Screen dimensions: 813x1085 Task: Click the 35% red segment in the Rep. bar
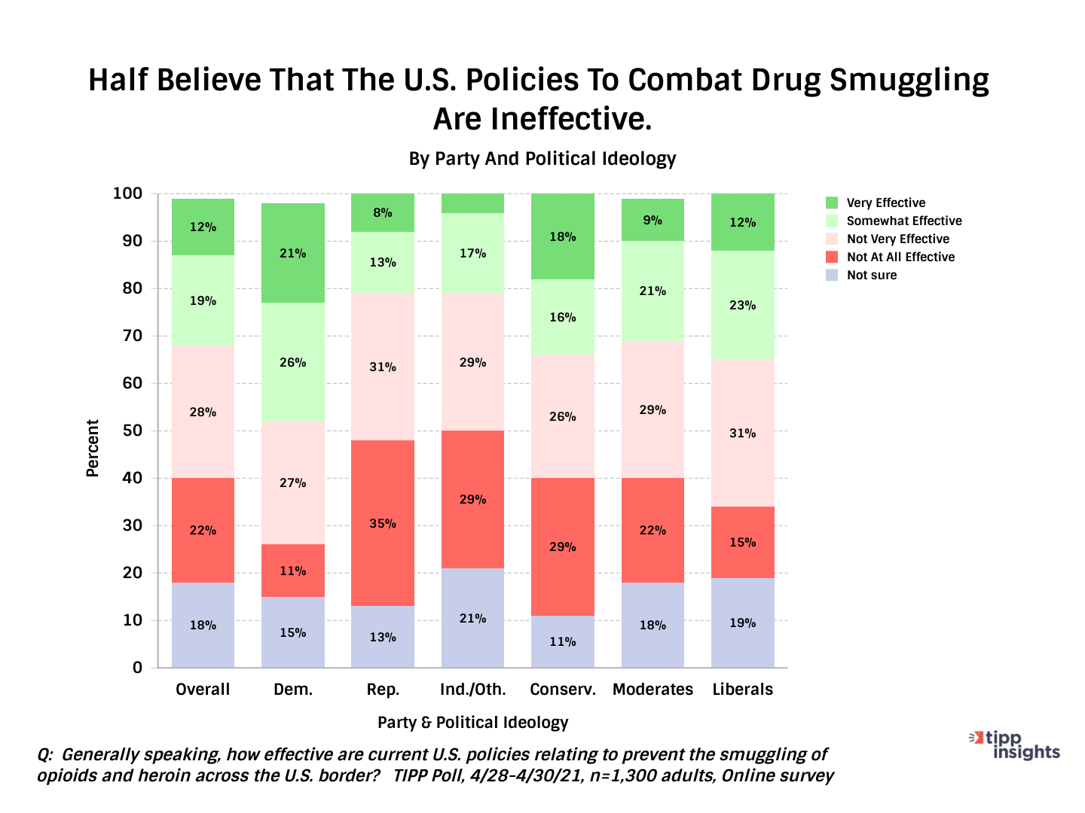383,523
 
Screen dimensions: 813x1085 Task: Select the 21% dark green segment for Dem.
293,253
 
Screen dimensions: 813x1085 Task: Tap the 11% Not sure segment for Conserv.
563,641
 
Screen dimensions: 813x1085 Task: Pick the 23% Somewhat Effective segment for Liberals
743,305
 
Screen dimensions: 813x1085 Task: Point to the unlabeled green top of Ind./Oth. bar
472,203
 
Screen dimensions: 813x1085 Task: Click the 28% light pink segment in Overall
203,412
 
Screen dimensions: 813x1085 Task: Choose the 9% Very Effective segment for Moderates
653,220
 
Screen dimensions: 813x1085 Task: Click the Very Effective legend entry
885,202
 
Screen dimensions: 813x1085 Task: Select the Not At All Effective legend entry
900,257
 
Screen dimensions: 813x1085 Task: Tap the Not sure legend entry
871,275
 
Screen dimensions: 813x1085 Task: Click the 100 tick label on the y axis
127,193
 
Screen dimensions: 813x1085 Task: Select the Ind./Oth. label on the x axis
473,690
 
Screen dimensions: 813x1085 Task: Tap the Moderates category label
653,690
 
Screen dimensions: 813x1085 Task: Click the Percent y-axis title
93,449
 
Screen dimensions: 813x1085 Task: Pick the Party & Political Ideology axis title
472,723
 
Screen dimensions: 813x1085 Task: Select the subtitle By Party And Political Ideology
542,159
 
